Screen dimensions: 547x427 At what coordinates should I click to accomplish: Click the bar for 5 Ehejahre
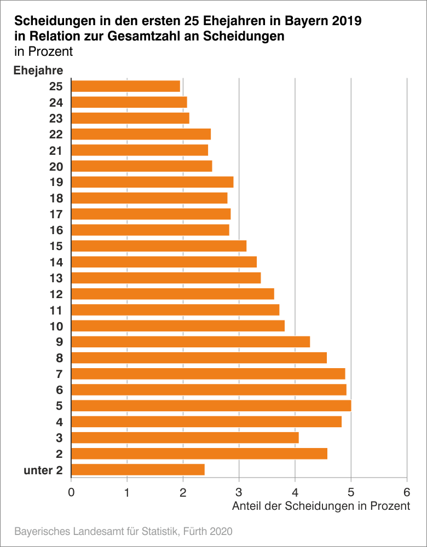point(211,406)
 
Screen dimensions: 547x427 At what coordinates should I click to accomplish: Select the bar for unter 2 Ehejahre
point(138,469)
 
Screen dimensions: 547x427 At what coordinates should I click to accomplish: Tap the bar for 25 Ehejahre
point(126,86)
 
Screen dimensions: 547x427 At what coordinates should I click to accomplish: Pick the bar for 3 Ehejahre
point(185,438)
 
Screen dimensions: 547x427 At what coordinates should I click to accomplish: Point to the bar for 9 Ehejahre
point(191,342)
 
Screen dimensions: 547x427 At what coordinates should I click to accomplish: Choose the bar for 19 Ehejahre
point(152,182)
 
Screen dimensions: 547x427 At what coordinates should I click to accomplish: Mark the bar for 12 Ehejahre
point(172,294)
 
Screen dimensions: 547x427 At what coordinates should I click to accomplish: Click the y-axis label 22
point(56,135)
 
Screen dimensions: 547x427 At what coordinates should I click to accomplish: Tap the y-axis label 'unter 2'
point(44,470)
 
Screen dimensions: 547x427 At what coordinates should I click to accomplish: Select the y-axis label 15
point(56,246)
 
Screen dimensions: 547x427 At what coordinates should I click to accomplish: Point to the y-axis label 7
point(59,374)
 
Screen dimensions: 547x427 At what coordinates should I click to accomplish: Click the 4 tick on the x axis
point(295,491)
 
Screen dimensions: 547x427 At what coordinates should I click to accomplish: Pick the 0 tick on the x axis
point(71,491)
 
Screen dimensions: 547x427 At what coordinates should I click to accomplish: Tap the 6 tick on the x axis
point(407,491)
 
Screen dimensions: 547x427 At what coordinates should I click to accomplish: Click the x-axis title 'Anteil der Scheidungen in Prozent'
point(321,506)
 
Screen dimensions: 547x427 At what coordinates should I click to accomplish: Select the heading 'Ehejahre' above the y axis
point(38,70)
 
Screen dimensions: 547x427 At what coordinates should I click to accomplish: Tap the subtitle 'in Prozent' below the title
point(43,52)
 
